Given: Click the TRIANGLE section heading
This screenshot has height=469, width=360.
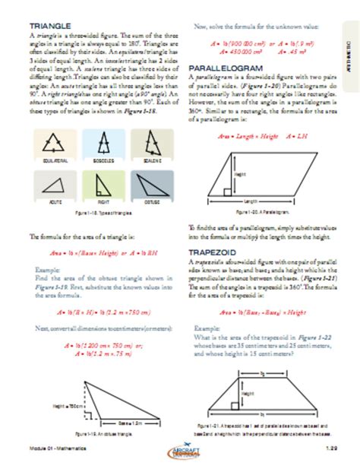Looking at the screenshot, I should (x=45, y=26).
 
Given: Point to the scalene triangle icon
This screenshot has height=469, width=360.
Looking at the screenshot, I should (x=148, y=144).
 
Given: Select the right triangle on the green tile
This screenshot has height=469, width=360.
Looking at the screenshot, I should (x=102, y=185).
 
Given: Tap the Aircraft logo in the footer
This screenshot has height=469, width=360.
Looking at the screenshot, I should (x=182, y=452).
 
